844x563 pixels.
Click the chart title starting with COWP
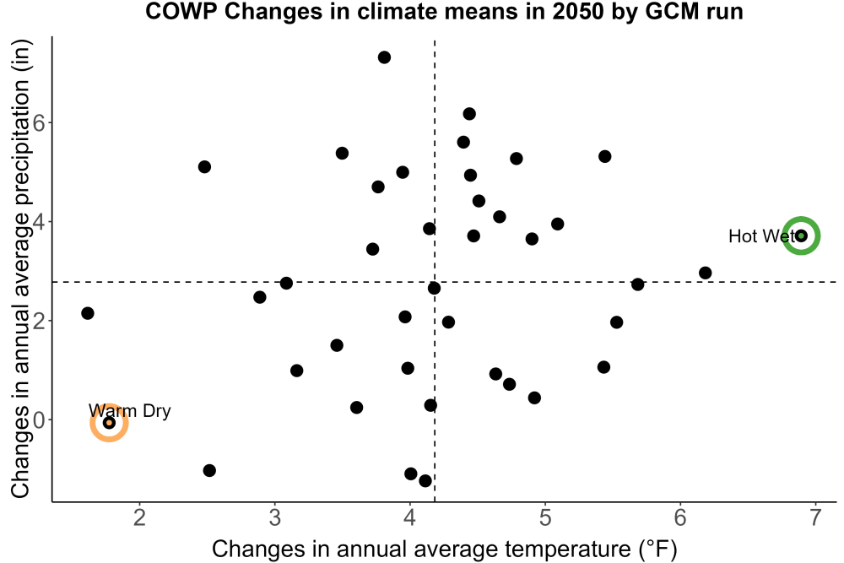444,11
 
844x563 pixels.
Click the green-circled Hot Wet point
801,235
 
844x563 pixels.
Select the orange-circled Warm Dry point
109,423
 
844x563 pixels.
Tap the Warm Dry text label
130,411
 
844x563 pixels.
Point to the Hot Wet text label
761,235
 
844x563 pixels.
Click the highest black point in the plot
384,57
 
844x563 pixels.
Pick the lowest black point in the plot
425,480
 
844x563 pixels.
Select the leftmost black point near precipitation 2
87,312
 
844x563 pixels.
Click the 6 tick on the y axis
39,122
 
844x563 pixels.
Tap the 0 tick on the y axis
39,420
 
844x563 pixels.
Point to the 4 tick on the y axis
39,222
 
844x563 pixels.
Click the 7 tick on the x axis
815,517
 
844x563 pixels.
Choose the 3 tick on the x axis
275,517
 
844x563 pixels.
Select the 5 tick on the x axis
545,517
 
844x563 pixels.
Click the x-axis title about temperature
444,549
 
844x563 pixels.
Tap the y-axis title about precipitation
20,269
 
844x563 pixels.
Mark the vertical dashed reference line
435,269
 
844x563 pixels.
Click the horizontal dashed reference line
445,282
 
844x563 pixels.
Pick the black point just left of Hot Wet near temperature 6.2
705,273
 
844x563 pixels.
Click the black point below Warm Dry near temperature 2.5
209,470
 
